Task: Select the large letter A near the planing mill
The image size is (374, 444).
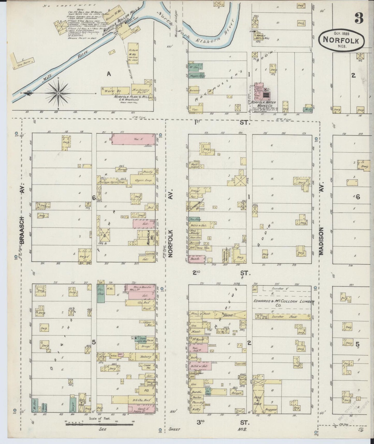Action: click(x=109, y=74)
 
